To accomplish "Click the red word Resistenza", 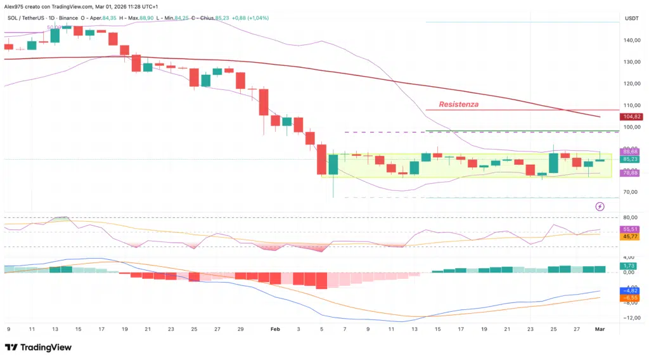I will [459, 104].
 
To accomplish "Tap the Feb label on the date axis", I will [275, 330].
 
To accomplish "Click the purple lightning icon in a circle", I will [600, 207].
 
